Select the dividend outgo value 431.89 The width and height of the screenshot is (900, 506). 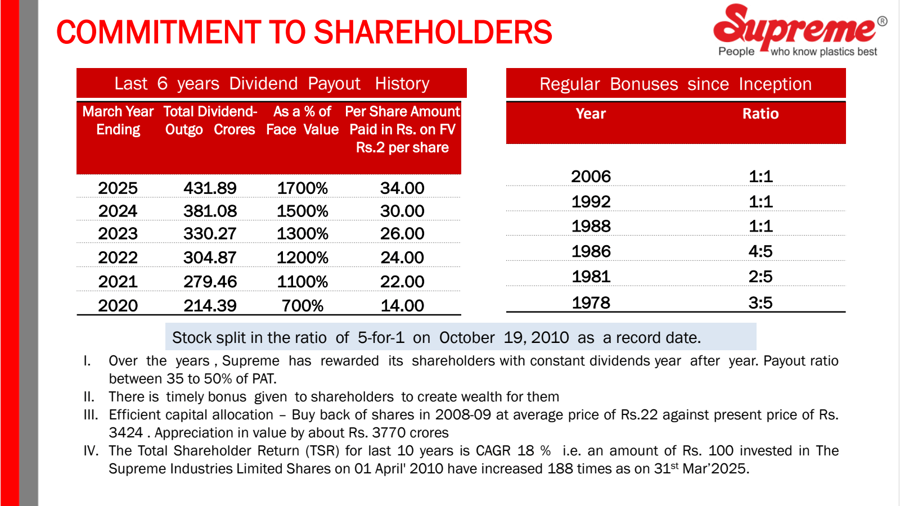pyautogui.click(x=210, y=188)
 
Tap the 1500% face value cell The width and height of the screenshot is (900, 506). pyautogui.click(x=302, y=211)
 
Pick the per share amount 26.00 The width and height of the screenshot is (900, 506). pyautogui.click(x=402, y=234)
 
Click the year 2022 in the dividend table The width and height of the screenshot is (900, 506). pyautogui.click(x=118, y=257)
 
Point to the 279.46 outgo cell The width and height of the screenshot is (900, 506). pyautogui.click(x=210, y=282)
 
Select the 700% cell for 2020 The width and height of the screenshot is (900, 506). pyautogui.click(x=302, y=306)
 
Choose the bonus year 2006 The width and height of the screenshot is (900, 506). pyautogui.click(x=591, y=177)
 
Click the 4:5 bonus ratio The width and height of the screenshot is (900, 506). pyautogui.click(x=760, y=251)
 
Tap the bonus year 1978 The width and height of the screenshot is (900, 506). pyautogui.click(x=591, y=303)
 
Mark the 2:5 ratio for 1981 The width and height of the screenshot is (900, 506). pyautogui.click(x=760, y=277)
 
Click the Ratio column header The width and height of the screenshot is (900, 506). pyautogui.click(x=760, y=114)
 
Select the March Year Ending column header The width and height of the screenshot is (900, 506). pyautogui.click(x=118, y=121)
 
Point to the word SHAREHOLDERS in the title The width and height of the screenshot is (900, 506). pyautogui.click(x=433, y=33)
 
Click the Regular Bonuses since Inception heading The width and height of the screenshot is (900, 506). pyautogui.click(x=676, y=84)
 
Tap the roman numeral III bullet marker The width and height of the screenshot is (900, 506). pyautogui.click(x=91, y=415)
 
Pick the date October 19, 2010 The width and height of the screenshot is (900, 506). pyautogui.click(x=504, y=338)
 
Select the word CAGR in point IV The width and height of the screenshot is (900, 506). pyautogui.click(x=493, y=451)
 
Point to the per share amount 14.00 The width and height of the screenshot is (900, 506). pyautogui.click(x=402, y=306)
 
